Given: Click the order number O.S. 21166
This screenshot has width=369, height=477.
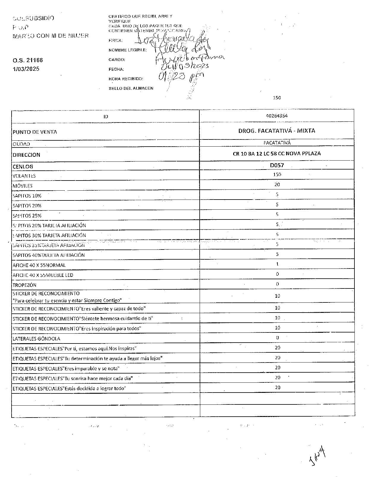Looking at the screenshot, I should point(28,60).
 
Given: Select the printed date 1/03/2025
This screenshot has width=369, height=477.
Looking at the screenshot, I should point(26,69).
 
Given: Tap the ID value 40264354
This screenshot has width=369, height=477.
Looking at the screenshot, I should point(277,116).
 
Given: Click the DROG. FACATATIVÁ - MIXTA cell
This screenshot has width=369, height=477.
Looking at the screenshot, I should point(277,131).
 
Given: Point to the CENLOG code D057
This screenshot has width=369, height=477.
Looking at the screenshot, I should point(277,165).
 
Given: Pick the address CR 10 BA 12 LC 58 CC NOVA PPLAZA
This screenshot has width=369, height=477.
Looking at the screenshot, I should point(277,153).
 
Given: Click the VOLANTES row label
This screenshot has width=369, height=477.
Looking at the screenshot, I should point(24,176).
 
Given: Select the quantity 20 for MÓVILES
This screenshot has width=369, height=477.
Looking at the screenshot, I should point(277,185).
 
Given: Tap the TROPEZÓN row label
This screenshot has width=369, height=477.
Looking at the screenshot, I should point(24,285).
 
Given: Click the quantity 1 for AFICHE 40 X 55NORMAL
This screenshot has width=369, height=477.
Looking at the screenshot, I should point(277,264).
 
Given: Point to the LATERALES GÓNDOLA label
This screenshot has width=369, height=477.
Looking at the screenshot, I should point(36,339).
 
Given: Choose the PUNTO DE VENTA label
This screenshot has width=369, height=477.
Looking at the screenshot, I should point(34,132).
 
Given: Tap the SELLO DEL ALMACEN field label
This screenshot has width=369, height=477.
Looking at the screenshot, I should point(131,88).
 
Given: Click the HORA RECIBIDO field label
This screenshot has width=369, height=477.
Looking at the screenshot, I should point(126,79).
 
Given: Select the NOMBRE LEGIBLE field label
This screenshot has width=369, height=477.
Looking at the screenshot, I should point(127,50).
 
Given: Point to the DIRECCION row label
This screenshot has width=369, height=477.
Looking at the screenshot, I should point(26,155).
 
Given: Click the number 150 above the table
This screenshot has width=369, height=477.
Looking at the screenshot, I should point(277,98).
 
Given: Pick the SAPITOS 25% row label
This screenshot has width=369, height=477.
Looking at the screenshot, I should point(27,216).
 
